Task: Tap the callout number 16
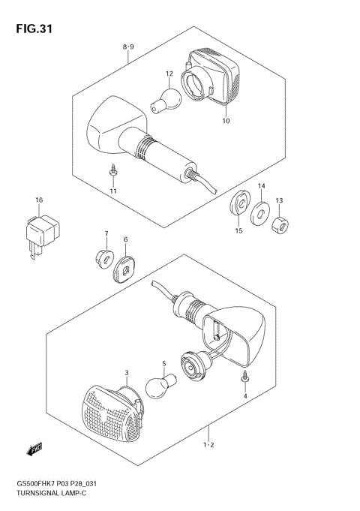38,200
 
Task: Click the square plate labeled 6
126,267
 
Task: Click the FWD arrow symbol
35,449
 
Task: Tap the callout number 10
226,120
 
